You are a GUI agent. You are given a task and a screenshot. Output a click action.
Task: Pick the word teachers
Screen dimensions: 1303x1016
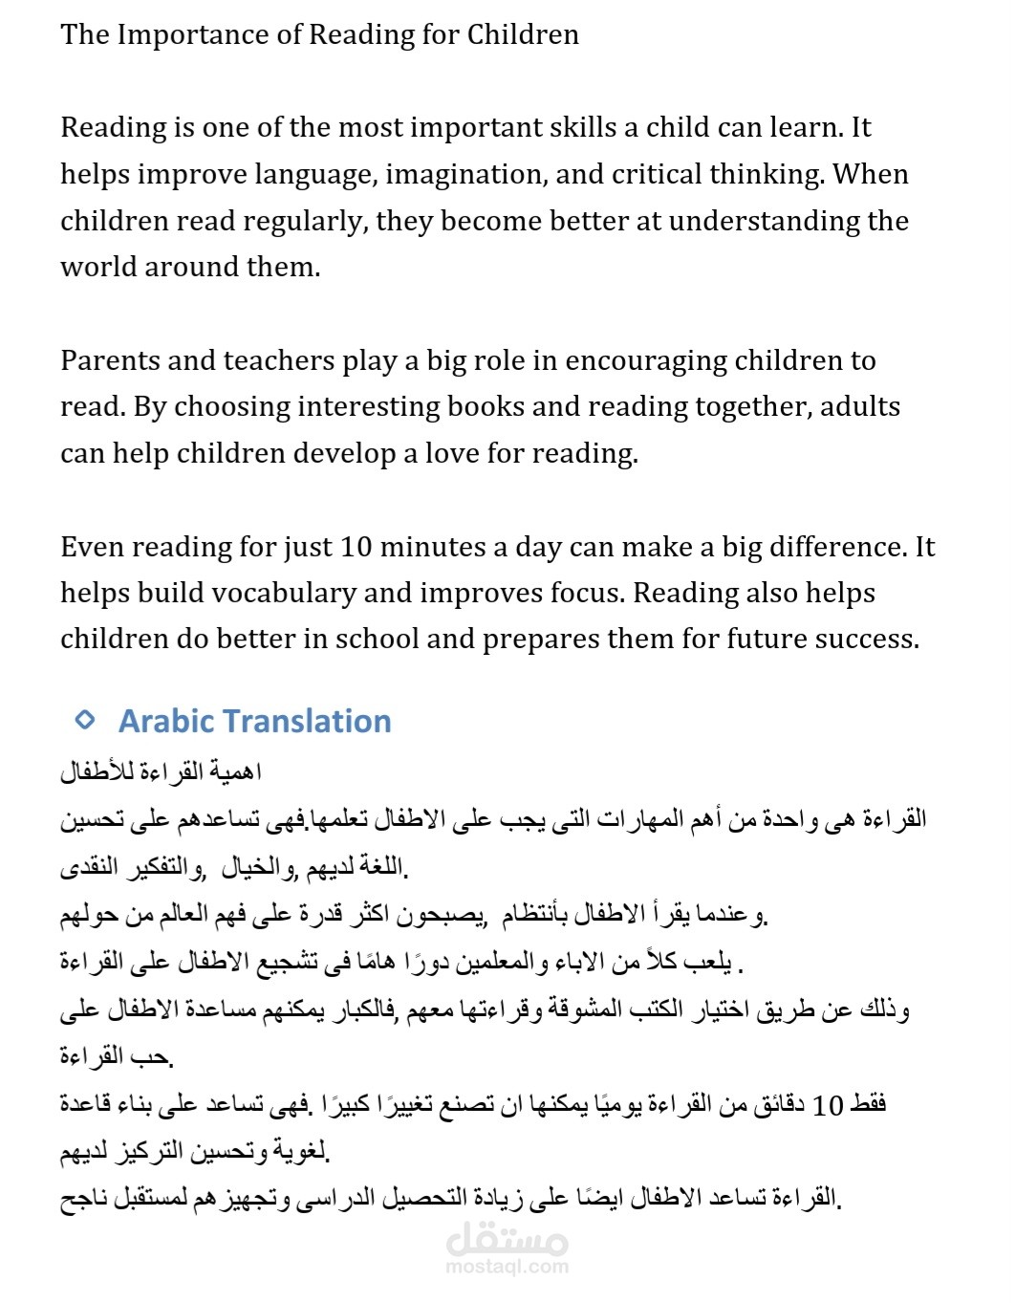click(x=282, y=361)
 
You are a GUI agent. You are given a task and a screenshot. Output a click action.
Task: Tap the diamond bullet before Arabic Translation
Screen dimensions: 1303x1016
click(x=85, y=720)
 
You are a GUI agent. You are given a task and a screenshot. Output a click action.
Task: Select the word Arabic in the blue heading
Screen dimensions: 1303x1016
click(x=165, y=722)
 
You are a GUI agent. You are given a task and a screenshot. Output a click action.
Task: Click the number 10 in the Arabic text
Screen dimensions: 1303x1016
click(x=828, y=1106)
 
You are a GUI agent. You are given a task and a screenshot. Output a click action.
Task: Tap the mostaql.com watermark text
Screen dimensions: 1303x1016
click(x=507, y=1268)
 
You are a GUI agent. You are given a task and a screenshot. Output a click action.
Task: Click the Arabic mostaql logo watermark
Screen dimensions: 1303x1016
click(x=507, y=1240)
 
